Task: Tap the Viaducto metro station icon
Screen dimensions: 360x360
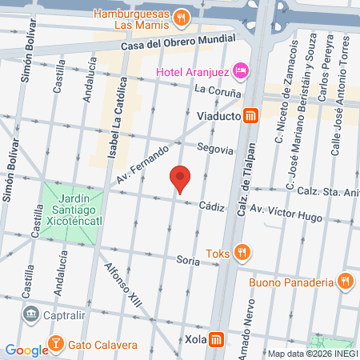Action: pos(250,116)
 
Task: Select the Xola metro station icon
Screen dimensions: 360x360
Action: pos(216,341)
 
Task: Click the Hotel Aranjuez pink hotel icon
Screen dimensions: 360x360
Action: pos(242,72)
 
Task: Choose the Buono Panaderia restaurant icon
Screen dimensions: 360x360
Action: pos(345,281)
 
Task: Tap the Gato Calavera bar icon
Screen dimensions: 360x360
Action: pos(57,345)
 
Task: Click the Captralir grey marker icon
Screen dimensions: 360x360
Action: pos(30,313)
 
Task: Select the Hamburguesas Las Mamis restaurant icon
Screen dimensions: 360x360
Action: pos(182,16)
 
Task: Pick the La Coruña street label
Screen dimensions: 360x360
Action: pos(212,89)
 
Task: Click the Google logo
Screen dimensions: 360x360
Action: pos(26,349)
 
